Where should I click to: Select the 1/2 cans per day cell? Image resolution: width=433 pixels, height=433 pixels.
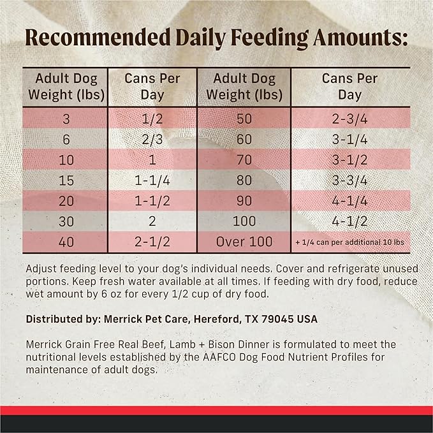tap(153, 118)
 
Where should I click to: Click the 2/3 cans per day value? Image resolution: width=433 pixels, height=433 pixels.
tap(153, 138)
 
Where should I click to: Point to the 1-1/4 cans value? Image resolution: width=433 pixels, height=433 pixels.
tap(153, 180)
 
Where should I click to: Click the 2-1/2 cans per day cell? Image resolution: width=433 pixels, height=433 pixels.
tap(153, 242)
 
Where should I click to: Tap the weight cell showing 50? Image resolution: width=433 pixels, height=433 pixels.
tap(244, 118)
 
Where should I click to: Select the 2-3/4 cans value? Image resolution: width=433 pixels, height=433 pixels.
tap(349, 118)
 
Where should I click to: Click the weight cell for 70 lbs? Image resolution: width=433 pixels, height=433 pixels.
tap(244, 159)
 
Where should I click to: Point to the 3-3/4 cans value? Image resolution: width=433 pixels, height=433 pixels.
tap(349, 180)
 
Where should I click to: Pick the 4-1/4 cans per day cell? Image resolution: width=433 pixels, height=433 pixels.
tap(349, 201)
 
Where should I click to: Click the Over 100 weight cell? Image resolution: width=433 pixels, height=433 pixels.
tap(244, 242)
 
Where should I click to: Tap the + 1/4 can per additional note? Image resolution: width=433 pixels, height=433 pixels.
tap(349, 243)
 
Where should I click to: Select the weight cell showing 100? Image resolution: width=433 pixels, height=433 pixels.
tap(244, 221)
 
